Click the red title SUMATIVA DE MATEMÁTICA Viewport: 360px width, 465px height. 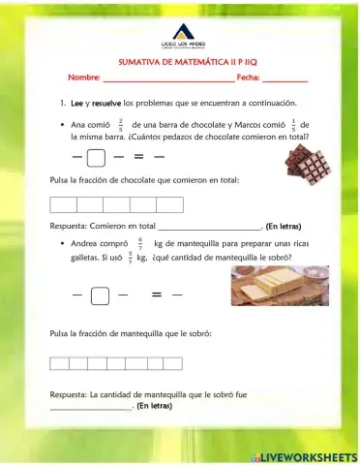(180, 60)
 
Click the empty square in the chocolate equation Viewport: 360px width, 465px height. (96, 157)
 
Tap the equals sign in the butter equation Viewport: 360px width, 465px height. (156, 295)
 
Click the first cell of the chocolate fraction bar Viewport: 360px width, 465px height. (63, 204)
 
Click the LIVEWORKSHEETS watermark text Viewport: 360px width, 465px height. (308, 456)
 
